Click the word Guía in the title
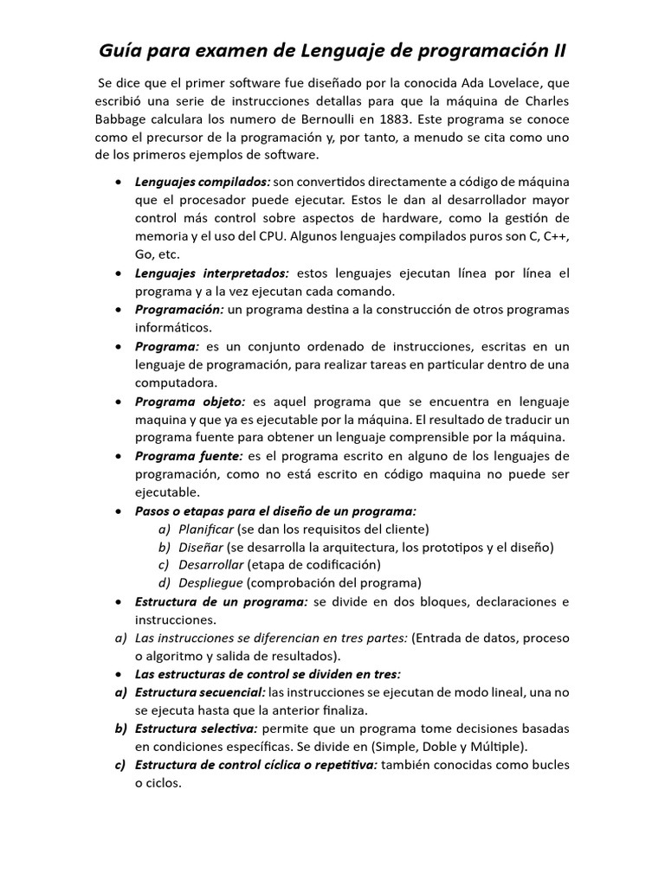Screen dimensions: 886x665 (x=120, y=51)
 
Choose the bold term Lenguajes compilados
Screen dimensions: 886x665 (x=202, y=182)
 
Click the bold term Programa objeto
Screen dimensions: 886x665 (x=190, y=401)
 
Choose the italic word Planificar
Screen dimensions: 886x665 (x=206, y=528)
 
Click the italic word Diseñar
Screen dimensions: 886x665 (x=201, y=546)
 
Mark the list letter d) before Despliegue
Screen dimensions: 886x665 (x=165, y=582)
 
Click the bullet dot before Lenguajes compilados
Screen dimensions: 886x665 (x=118, y=183)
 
